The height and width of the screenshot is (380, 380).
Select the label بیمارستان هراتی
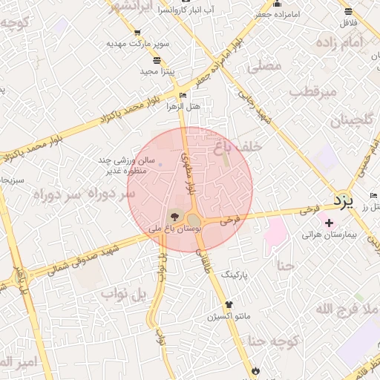coord(330,235)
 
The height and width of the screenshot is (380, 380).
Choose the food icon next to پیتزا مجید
coord(157,59)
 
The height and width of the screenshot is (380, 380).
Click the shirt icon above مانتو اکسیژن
coord(228,304)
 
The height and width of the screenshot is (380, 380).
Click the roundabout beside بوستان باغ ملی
coord(194,220)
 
